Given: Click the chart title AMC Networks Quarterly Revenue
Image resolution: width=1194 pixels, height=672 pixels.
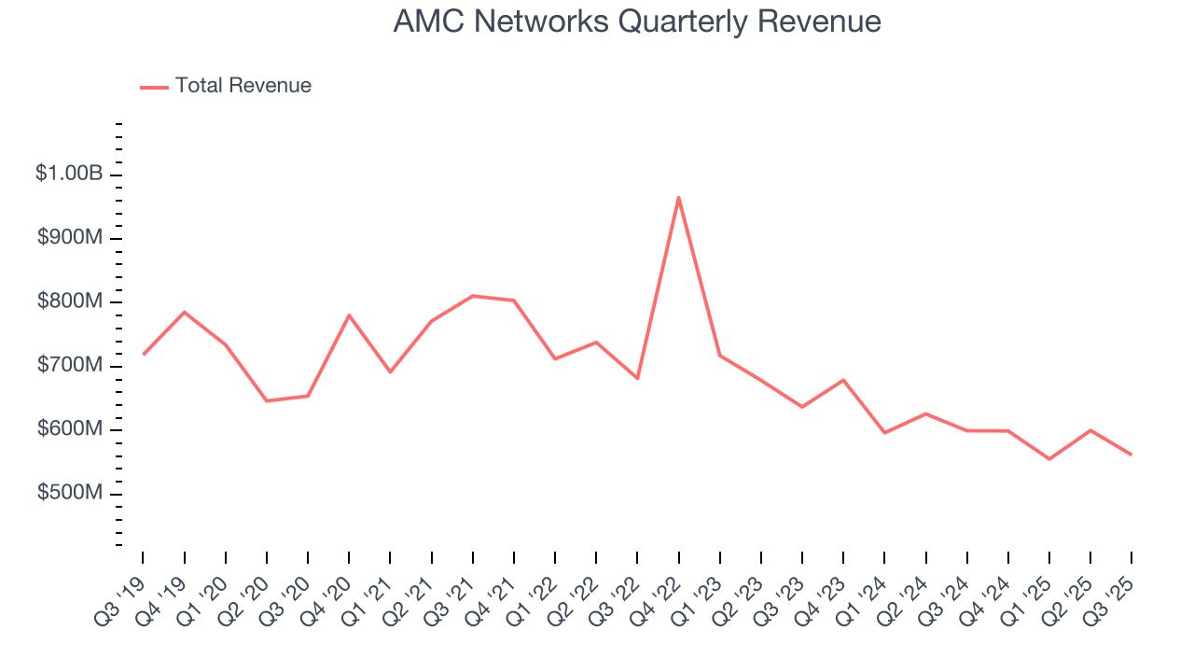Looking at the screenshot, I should tap(637, 21).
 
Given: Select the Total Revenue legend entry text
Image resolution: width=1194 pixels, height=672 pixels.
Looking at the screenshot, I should tap(243, 86).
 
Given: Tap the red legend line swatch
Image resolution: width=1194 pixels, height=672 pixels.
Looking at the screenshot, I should tap(154, 87).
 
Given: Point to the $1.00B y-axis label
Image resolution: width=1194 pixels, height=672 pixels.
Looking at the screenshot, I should tap(70, 174).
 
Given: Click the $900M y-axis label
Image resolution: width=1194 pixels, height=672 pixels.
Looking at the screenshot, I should tap(70, 238).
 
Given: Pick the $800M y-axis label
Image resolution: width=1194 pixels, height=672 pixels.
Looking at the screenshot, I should tap(70, 301).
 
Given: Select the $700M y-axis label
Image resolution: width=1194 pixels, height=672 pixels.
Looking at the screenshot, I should tap(70, 365).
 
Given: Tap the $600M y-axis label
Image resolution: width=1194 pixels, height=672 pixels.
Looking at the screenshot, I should tap(70, 429).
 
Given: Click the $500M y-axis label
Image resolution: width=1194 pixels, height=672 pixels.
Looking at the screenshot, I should tap(70, 493).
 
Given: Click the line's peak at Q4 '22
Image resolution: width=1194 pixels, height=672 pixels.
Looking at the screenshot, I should tap(678, 197).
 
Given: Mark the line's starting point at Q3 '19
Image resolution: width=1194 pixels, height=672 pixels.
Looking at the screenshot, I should tap(143, 355).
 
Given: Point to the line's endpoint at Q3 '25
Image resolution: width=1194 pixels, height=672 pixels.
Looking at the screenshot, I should tap(1132, 455).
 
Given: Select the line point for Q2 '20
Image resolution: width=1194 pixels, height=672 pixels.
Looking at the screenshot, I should tap(267, 401).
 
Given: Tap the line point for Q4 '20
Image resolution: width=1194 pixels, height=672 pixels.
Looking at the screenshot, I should tap(349, 315).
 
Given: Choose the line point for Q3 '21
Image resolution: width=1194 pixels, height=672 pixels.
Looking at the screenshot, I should tap(473, 296).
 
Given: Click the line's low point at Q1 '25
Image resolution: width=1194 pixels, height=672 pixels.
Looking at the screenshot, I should tap(1049, 459).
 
